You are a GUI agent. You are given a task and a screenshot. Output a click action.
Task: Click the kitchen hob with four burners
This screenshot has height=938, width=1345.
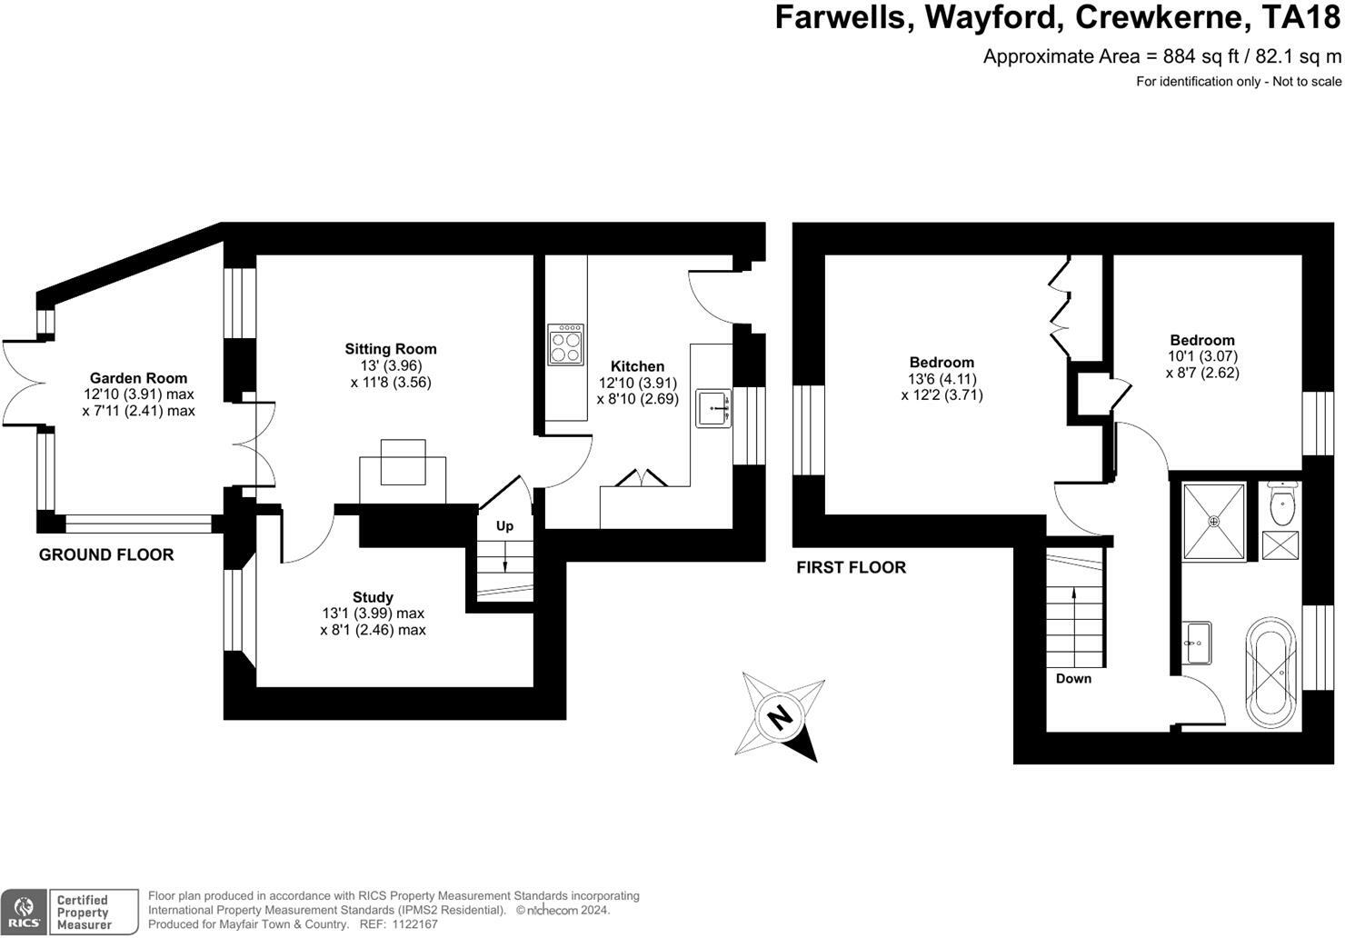pos(565,344)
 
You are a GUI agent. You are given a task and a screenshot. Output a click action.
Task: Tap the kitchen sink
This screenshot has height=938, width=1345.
pos(714,408)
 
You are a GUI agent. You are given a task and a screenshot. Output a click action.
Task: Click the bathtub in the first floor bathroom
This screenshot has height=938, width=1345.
pos(1270,670)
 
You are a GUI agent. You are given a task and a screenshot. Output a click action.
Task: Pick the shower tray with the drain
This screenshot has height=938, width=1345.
pos(1213,523)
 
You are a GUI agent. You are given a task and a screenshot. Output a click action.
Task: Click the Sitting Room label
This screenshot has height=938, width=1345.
pos(391,349)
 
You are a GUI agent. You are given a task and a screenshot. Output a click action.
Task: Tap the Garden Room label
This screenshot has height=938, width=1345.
pos(138,378)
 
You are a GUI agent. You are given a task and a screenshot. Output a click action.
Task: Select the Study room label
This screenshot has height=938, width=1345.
pos(373,597)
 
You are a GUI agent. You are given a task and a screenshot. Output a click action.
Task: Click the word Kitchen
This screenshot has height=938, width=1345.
pos(637,366)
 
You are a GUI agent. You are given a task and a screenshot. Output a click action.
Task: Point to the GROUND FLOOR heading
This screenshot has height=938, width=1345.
pos(106,554)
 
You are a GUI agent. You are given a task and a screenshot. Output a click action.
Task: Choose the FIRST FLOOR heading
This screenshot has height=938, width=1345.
pos(851,567)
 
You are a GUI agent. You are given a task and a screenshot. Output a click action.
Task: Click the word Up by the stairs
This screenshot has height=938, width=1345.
pos(504,526)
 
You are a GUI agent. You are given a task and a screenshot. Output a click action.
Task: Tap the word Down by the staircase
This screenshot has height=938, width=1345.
pos(1073,679)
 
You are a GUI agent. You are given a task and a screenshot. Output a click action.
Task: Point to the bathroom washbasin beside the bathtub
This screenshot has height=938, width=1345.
pos(1197,643)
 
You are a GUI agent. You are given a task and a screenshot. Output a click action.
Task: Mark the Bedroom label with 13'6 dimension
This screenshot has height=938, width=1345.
pos(941,363)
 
